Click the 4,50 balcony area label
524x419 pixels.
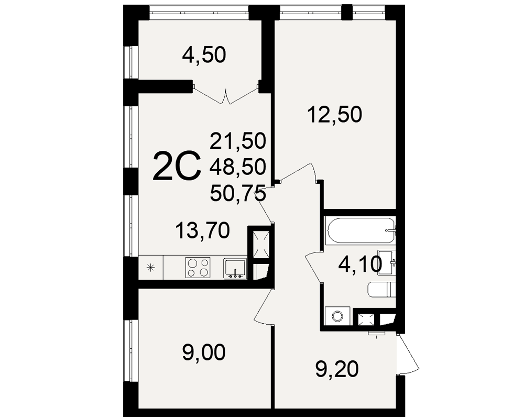click(204, 55)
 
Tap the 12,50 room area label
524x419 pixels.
click(335, 115)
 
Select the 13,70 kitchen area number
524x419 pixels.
click(202, 230)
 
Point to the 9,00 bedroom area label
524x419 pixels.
click(204, 353)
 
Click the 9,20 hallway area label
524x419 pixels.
click(337, 370)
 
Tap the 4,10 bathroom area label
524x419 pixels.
click(360, 266)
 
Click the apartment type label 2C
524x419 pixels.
click(177, 166)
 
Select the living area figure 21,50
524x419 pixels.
click(238, 140)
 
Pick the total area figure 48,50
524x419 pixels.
click(238, 166)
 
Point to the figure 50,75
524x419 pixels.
click(238, 192)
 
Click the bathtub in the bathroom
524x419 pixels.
click(361, 231)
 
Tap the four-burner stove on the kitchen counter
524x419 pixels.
click(198, 268)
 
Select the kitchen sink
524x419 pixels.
click(235, 268)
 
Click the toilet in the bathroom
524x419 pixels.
click(381, 289)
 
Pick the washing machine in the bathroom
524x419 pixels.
click(337, 316)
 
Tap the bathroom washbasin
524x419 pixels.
click(387, 262)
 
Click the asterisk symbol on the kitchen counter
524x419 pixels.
click(151, 267)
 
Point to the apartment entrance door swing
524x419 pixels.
click(408, 353)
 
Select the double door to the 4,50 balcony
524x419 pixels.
click(226, 94)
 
